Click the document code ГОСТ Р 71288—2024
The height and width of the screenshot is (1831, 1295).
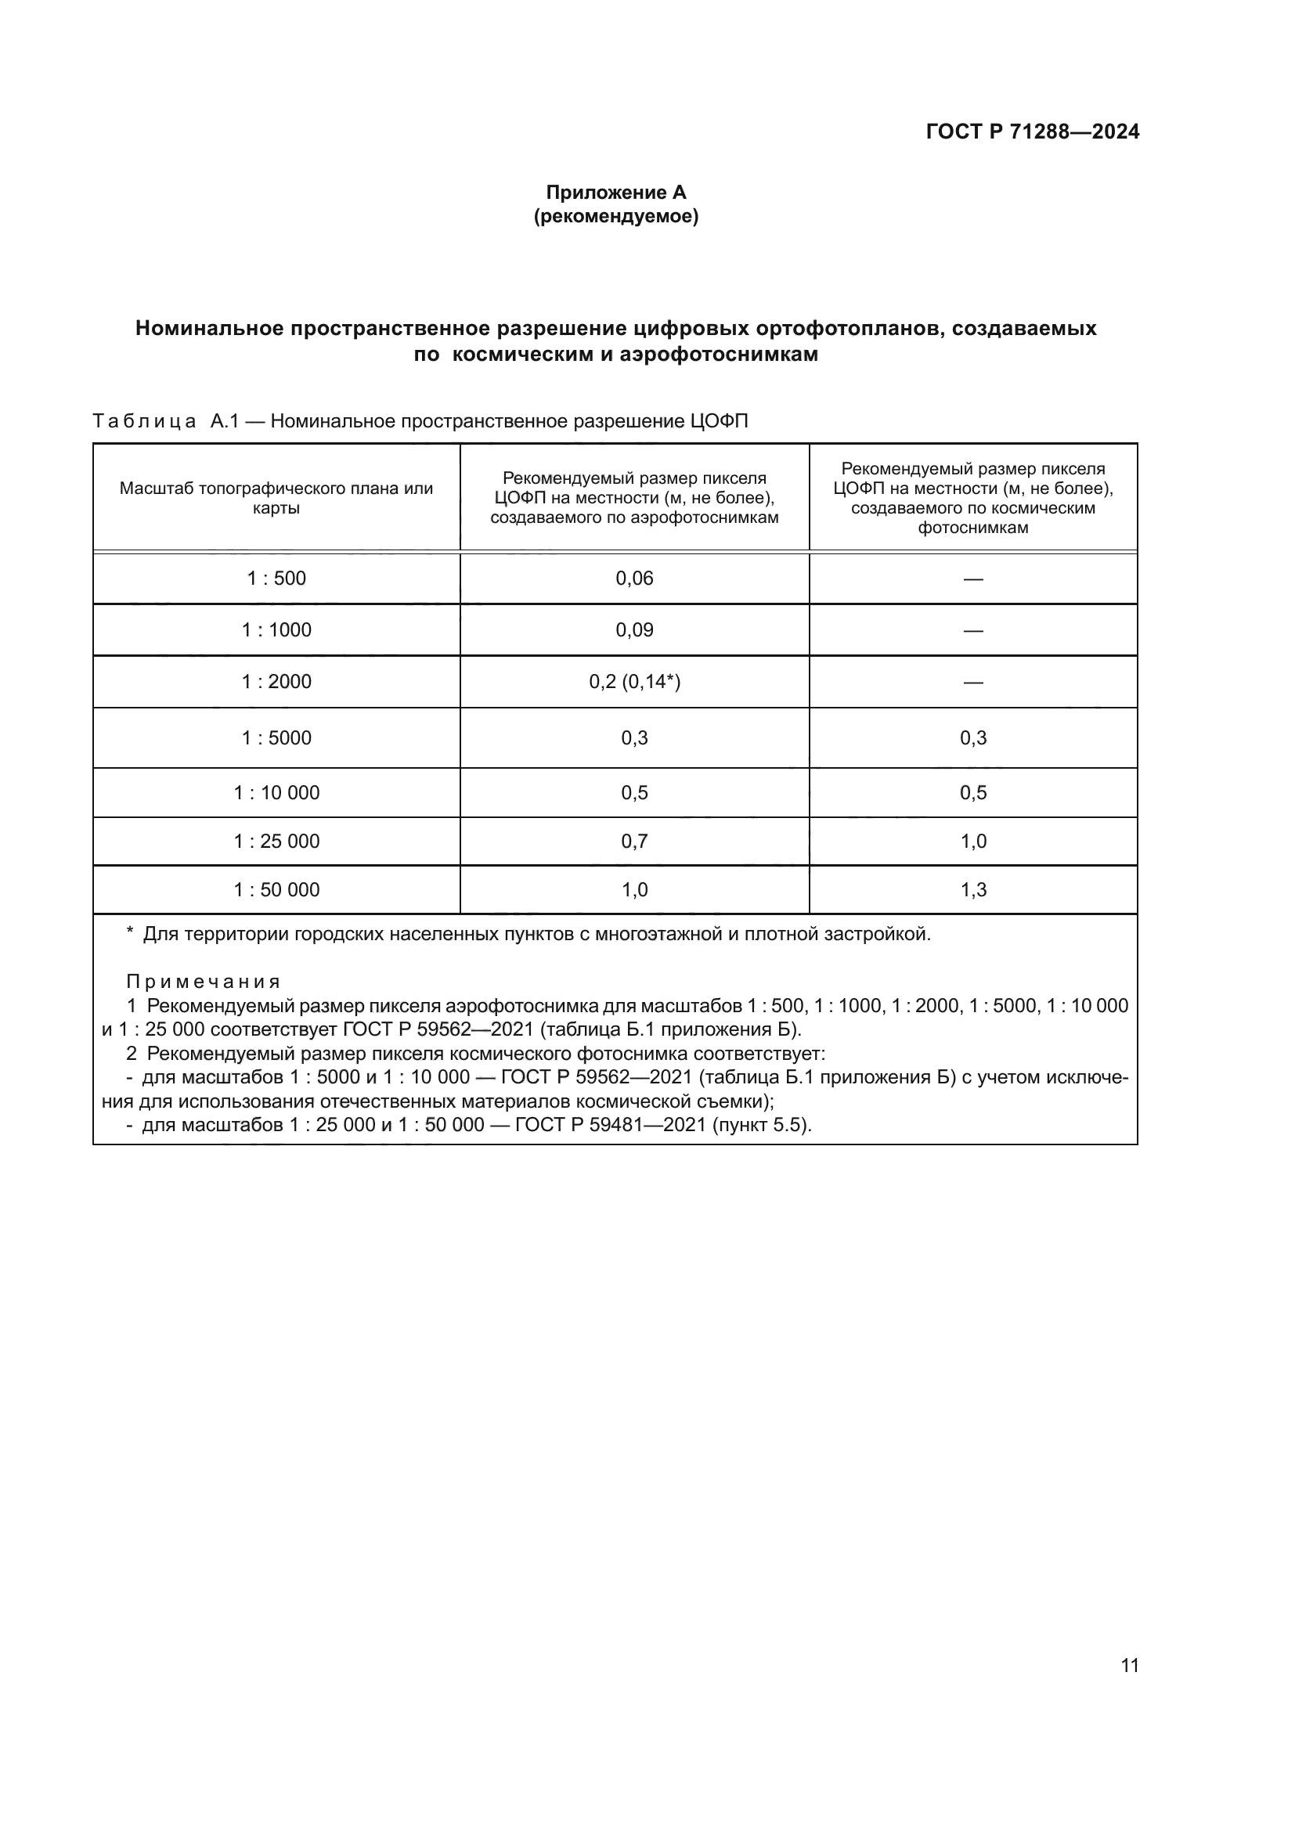click(x=1032, y=132)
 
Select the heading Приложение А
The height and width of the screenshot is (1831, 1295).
click(x=615, y=193)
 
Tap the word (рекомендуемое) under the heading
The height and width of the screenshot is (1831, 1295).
click(x=615, y=216)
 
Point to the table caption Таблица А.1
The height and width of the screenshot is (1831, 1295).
click(x=164, y=421)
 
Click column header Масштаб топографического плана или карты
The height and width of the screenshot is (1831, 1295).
click(x=276, y=498)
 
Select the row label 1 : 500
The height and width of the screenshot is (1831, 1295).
click(x=276, y=578)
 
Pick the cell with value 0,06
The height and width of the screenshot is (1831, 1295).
click(x=634, y=578)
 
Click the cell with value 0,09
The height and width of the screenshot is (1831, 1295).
click(x=634, y=630)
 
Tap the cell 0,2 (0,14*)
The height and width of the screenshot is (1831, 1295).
click(x=634, y=682)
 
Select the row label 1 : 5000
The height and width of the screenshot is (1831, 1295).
click(x=276, y=737)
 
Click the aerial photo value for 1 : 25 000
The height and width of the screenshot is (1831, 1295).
click(x=634, y=842)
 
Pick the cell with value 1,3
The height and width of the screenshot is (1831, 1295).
click(x=973, y=890)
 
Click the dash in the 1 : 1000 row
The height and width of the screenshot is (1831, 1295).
click(x=973, y=631)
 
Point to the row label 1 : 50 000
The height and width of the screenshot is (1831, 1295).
click(x=276, y=890)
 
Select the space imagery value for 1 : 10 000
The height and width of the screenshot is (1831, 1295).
click(x=973, y=793)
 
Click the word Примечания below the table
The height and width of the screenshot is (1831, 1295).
click(x=204, y=982)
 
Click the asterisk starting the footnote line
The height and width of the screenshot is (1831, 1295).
click(x=130, y=932)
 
